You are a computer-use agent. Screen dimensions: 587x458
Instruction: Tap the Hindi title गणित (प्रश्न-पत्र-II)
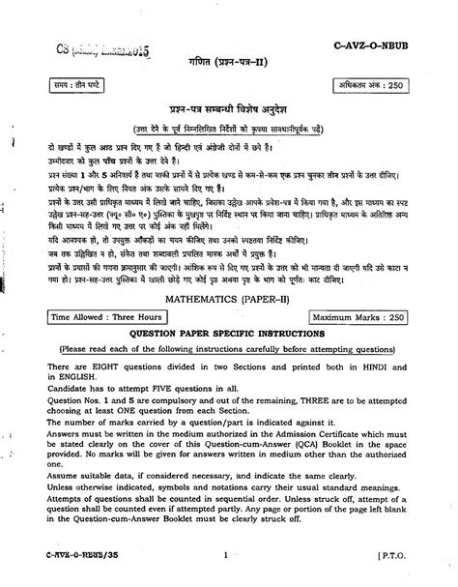[x=230, y=61]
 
